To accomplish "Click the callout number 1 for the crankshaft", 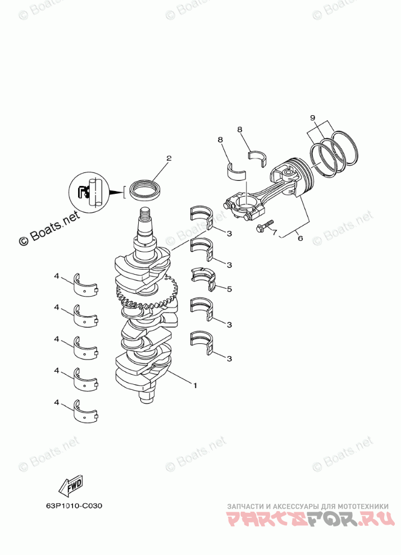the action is coord(195,385).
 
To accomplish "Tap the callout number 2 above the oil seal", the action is coord(167,158).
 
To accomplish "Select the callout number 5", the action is coord(229,289).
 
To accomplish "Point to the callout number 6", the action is coord(300,238).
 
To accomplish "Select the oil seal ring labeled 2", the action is coord(144,189).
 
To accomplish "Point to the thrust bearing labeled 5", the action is coord(203,279).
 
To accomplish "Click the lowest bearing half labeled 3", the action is coord(202,343).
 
